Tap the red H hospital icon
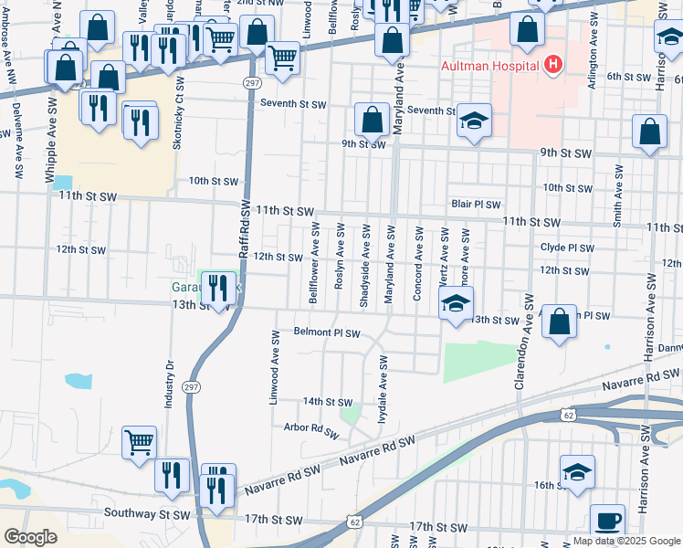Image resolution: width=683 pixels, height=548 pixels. click(x=552, y=65)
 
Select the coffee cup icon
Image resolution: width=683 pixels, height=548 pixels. click(x=608, y=522)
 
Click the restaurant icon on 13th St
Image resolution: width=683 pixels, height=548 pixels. click(x=217, y=289)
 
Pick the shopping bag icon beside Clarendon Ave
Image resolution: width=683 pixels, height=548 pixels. click(x=559, y=322)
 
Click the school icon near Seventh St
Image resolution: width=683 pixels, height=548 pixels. click(x=474, y=121)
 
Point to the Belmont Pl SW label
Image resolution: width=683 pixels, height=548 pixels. click(x=327, y=332)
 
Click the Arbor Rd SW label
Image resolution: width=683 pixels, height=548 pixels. click(x=305, y=427)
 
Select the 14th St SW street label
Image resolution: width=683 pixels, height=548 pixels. click(x=327, y=402)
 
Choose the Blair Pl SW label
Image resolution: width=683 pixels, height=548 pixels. click(x=476, y=205)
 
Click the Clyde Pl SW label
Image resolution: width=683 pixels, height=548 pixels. click(x=566, y=248)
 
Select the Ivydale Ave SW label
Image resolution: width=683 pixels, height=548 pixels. click(x=384, y=385)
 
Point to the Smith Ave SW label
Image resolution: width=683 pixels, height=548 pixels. click(x=618, y=195)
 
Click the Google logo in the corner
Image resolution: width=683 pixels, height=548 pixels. click(x=30, y=537)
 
